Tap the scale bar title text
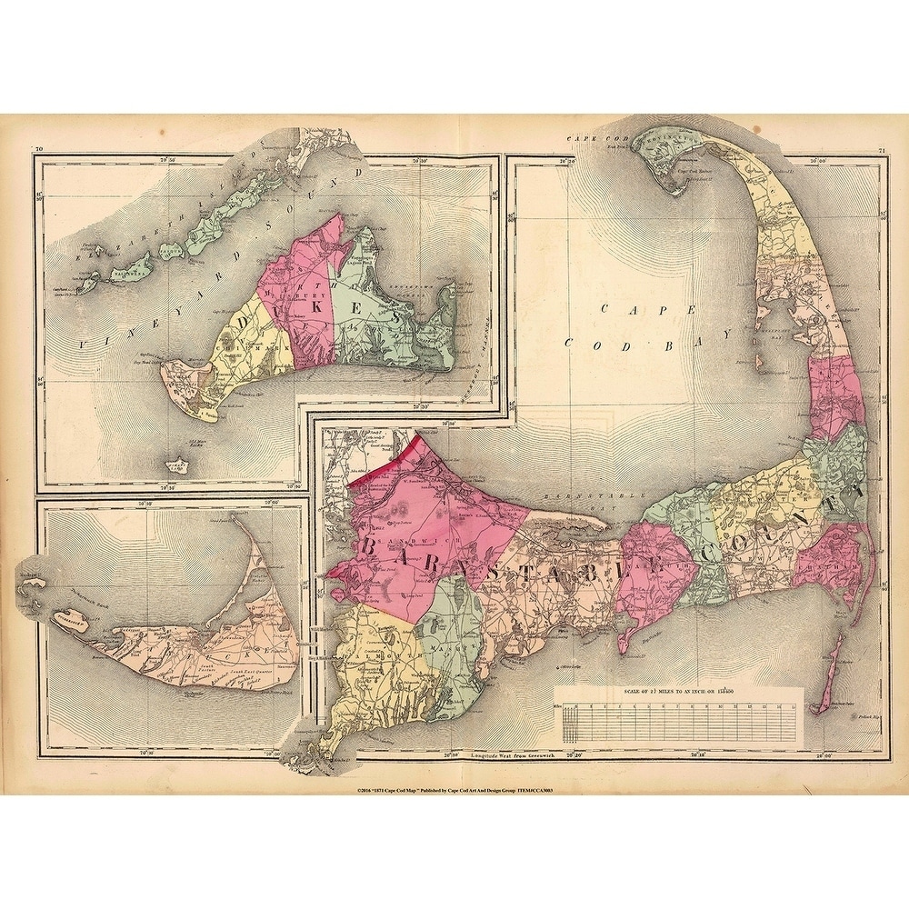tap(678, 693)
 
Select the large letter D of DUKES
tap(245, 324)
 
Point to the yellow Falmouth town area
tap(373, 654)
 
